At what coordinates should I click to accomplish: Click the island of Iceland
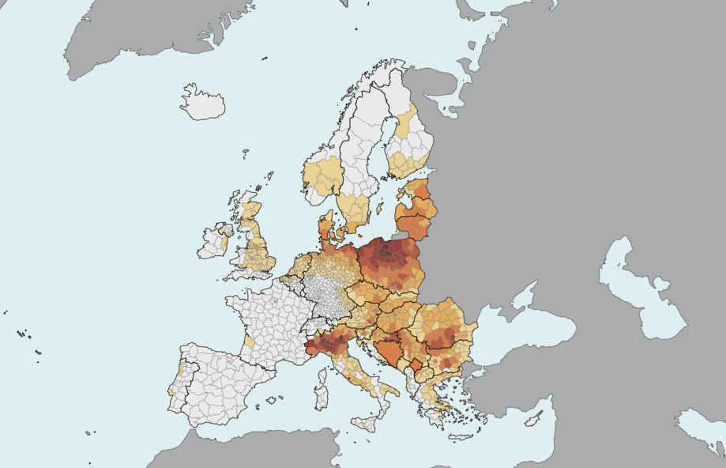click(x=203, y=103)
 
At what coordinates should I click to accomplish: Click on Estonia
click(x=419, y=191)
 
